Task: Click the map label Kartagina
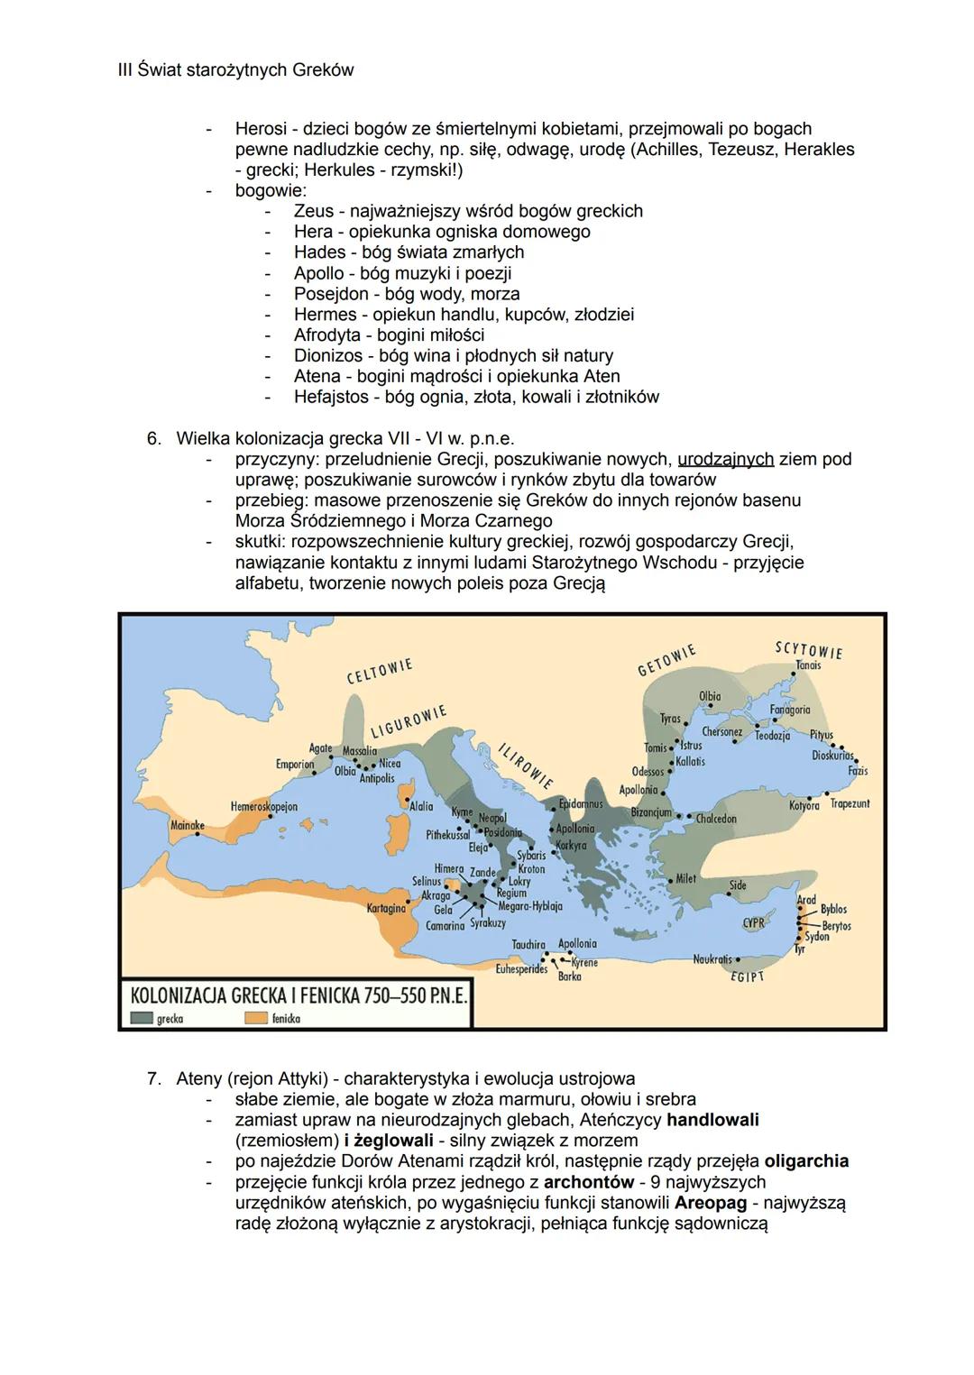tap(386, 909)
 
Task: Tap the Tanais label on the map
tap(808, 665)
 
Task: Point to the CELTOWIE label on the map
tap(380, 671)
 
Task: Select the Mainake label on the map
tap(188, 825)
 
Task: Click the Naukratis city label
tap(712, 959)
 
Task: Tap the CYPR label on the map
tap(753, 923)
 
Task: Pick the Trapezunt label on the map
tap(850, 803)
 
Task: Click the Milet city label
tap(685, 878)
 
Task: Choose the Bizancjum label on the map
tap(651, 812)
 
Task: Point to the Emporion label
tap(295, 764)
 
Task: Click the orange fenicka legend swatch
tap(256, 1018)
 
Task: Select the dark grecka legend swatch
tap(142, 1018)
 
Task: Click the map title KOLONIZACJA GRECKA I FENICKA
tap(290, 996)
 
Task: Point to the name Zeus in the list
tap(313, 211)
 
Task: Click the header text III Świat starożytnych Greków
tap(235, 69)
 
